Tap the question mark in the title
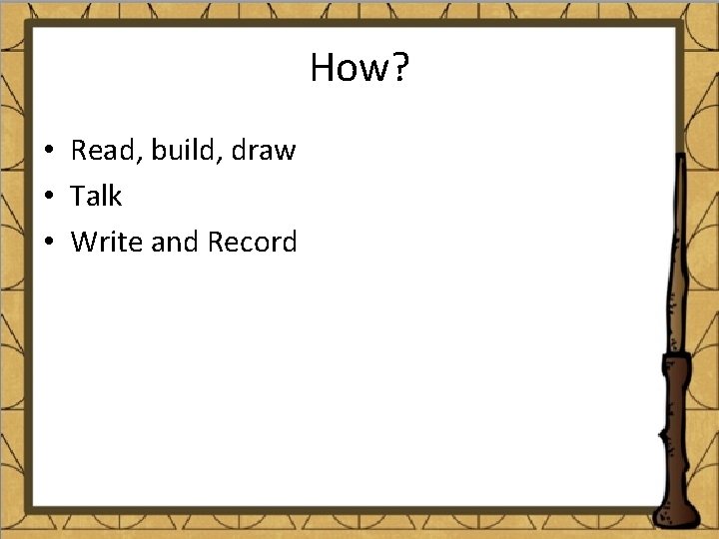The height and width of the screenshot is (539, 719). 399,68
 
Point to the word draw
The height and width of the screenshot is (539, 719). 264,151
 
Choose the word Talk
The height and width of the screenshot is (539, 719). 96,197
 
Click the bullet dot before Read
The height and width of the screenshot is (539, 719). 47,152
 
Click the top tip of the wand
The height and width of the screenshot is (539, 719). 681,157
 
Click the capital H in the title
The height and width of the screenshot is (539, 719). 322,68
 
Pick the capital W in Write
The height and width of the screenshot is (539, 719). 84,243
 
